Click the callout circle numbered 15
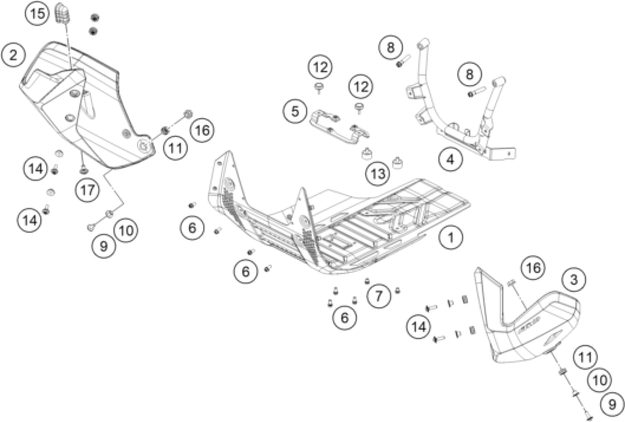click(37, 13)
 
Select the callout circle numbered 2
click(13, 55)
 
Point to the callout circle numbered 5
click(295, 111)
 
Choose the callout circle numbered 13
click(378, 174)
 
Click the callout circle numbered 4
click(450, 160)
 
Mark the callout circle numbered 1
click(451, 237)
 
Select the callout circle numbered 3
click(574, 280)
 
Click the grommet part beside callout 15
click(63, 13)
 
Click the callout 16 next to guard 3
click(533, 268)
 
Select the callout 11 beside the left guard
click(176, 148)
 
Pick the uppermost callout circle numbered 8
click(391, 48)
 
